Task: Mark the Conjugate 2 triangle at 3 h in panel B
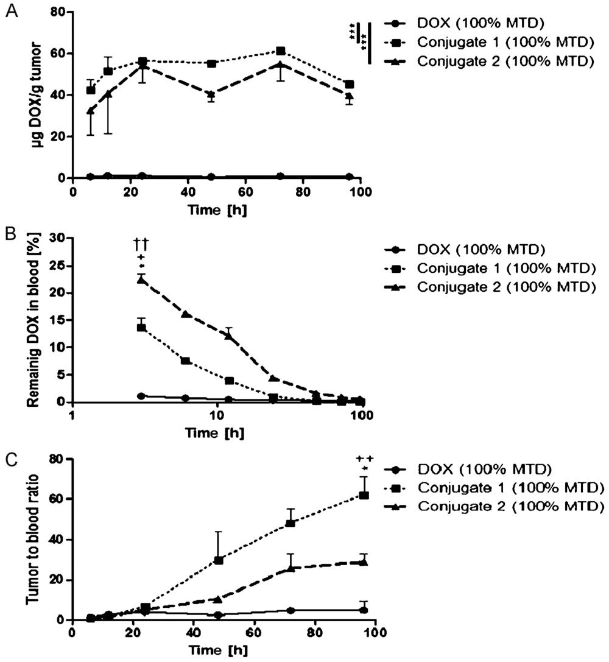141,279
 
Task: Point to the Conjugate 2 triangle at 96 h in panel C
364,562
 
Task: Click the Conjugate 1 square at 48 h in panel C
218,560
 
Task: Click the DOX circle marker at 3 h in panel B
141,396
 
